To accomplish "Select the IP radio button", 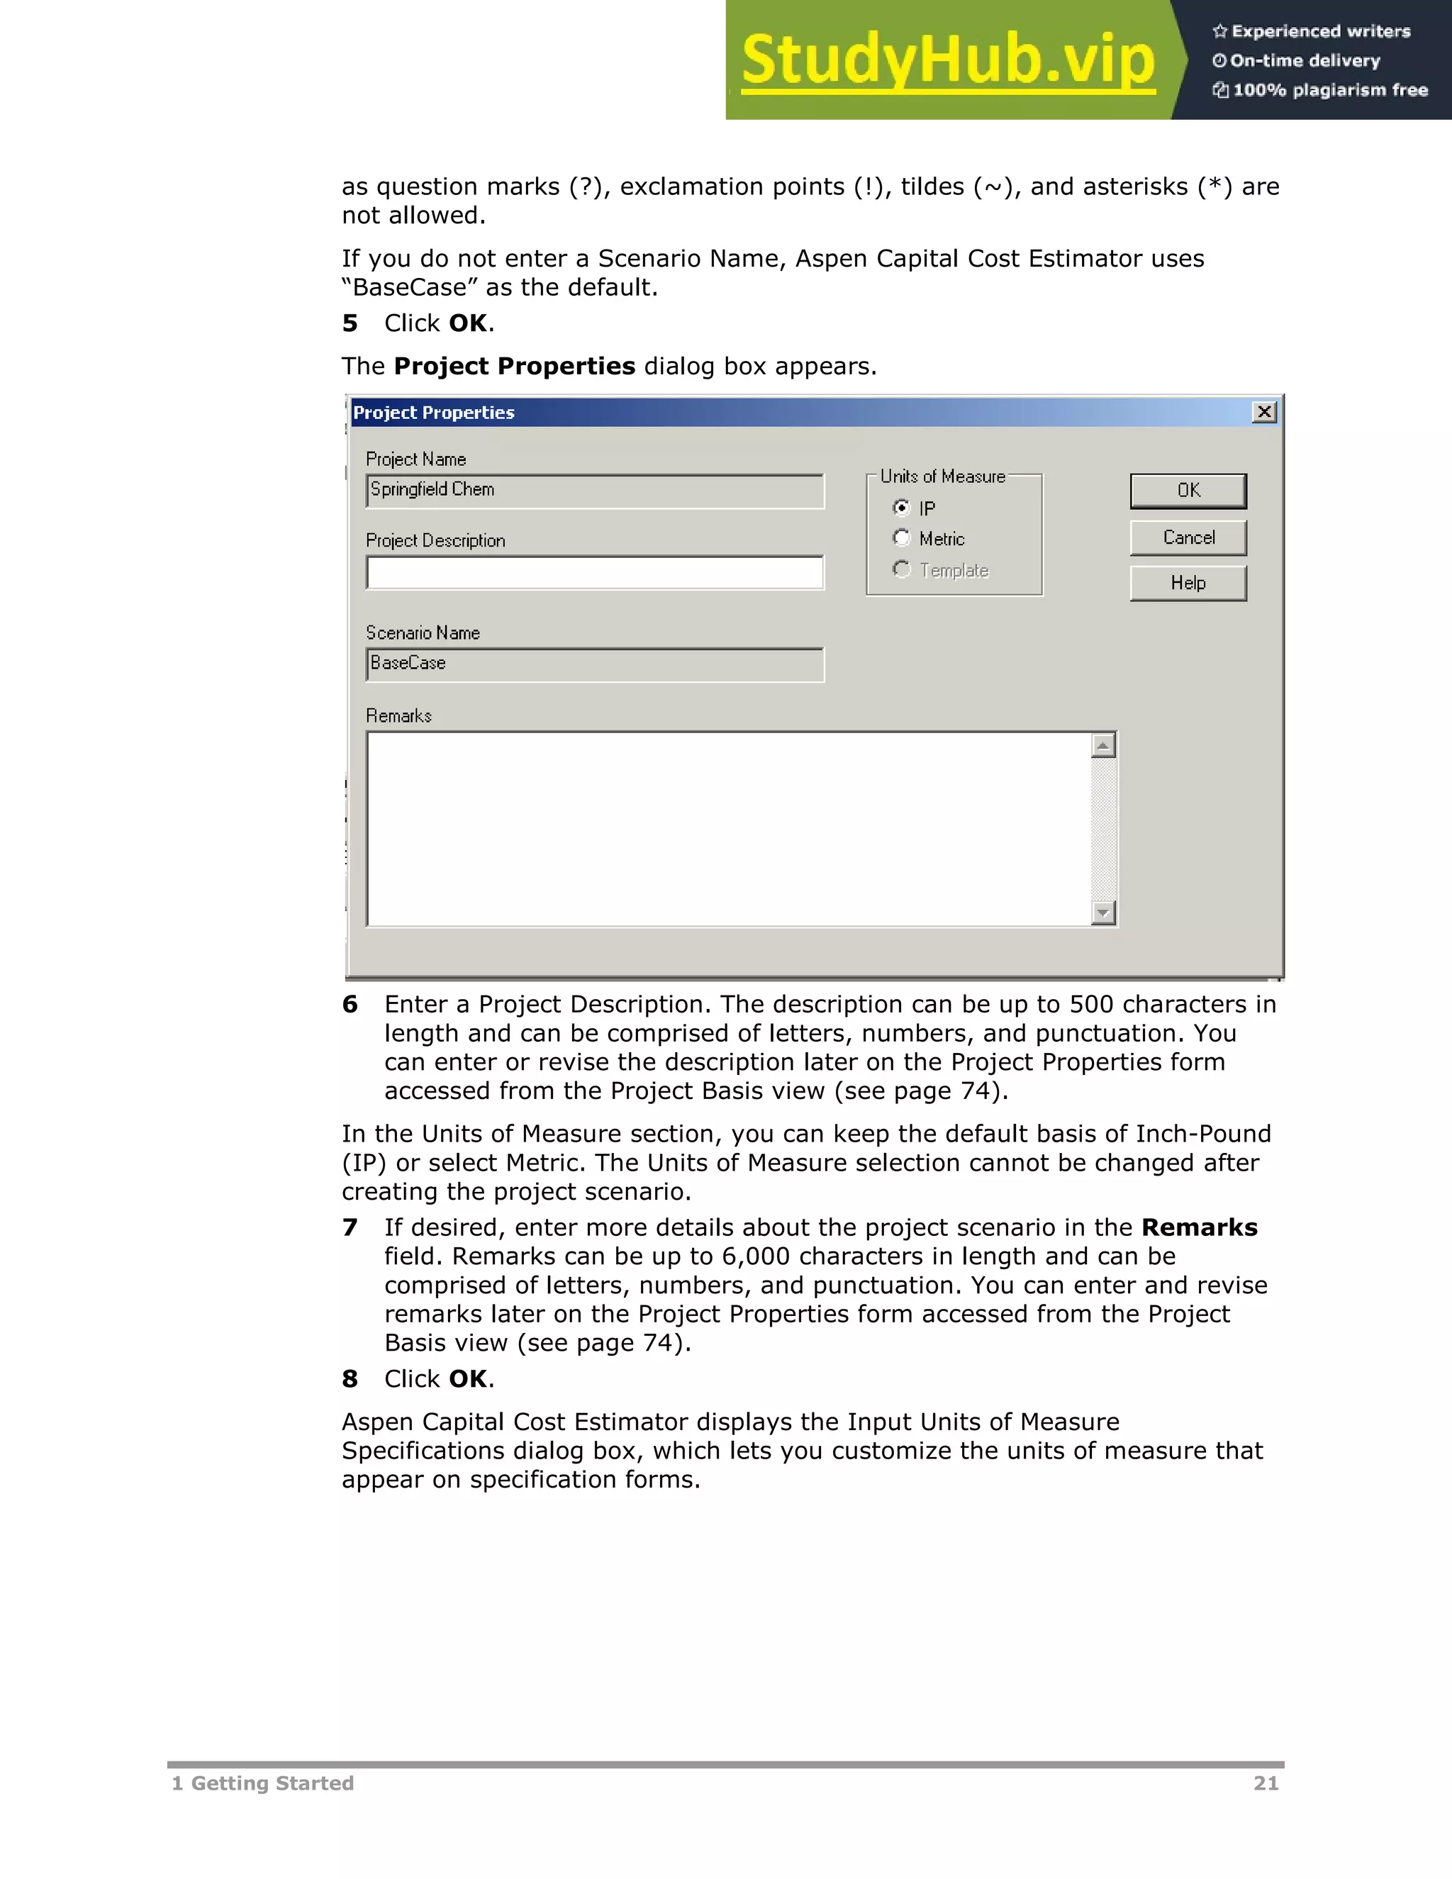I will pyautogui.click(x=900, y=508).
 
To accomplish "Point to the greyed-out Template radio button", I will pyautogui.click(x=900, y=569).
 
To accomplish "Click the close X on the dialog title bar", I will pyautogui.click(x=1263, y=412).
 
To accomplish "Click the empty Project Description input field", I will pyautogui.click(x=594, y=573).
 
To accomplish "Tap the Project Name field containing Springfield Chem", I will pyautogui.click(x=594, y=491).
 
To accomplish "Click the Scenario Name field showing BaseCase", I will pyautogui.click(x=594, y=664).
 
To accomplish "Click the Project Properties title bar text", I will pyautogui.click(x=433, y=413).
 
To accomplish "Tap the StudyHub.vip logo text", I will pyautogui.click(x=947, y=60).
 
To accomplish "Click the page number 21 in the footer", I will pyautogui.click(x=1266, y=1783).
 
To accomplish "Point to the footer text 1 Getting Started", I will pyautogui.click(x=262, y=1783).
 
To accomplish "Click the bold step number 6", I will pyautogui.click(x=350, y=1004).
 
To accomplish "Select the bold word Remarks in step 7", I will pyautogui.click(x=1199, y=1227).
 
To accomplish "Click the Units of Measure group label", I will pyautogui.click(x=942, y=476).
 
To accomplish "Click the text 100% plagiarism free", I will pyautogui.click(x=1329, y=90).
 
